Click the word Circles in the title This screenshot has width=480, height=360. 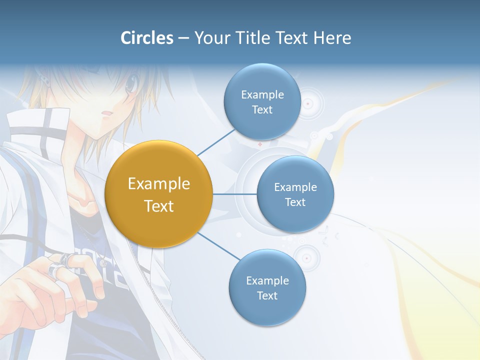pos(147,38)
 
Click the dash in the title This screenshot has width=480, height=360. pos(183,38)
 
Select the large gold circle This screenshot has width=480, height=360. pos(158,194)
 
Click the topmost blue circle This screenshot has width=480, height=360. pos(262,101)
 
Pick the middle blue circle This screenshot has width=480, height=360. pos(295,194)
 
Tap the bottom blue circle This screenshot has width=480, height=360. pos(267,287)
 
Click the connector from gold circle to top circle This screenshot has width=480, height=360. pos(216,142)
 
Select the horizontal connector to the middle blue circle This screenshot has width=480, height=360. pos(234,194)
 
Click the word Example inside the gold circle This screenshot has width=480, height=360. pos(158,184)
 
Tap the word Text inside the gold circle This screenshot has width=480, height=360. pos(158,206)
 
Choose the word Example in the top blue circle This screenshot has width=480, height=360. pos(262,94)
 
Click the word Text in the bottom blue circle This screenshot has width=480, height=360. pos(267,295)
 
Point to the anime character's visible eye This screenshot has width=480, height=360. pos(131,85)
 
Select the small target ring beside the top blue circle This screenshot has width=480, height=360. pos(308,104)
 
